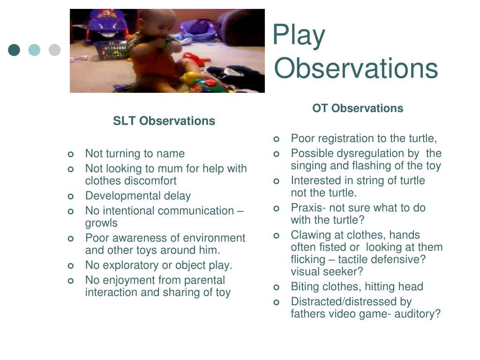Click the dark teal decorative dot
click(x=14, y=50)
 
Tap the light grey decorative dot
click(x=55, y=50)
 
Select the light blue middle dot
click(x=34, y=50)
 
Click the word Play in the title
click(x=299, y=36)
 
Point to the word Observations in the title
click(x=356, y=68)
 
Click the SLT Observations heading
click(x=164, y=121)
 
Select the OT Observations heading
click(x=358, y=108)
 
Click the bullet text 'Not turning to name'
click(x=135, y=154)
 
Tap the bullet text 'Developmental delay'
click(x=138, y=196)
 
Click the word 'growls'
click(x=101, y=223)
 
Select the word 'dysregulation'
click(x=366, y=153)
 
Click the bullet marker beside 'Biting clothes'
click(x=276, y=287)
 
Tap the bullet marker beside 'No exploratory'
click(x=70, y=266)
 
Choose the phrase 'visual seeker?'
click(x=327, y=271)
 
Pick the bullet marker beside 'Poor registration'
click(x=276, y=139)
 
